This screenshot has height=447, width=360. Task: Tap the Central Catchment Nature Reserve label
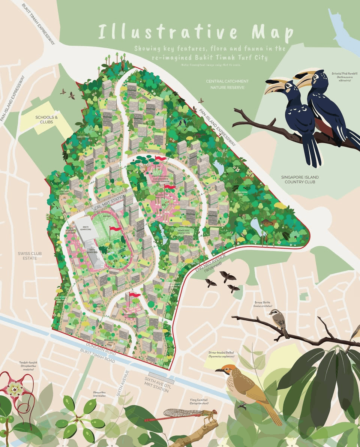227,84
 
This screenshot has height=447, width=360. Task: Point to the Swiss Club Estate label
30,256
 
